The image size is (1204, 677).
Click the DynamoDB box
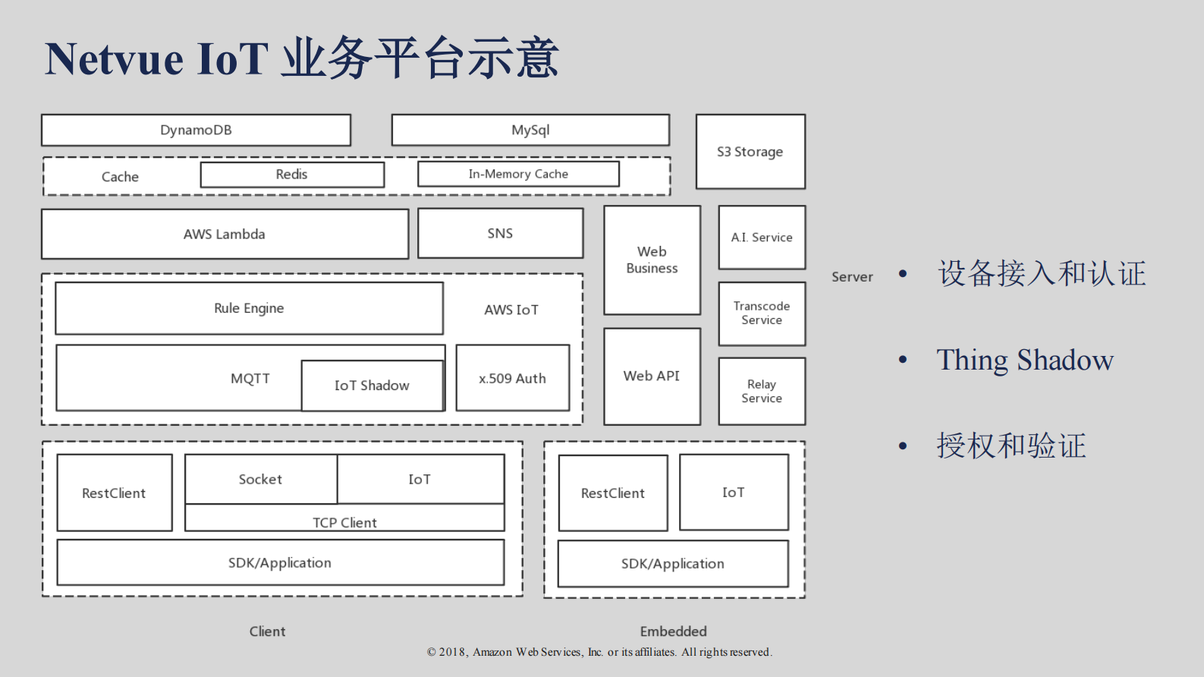pos(196,130)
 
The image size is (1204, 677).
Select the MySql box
pos(530,130)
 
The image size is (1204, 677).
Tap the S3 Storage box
pos(750,152)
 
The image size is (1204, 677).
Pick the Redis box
pos(292,175)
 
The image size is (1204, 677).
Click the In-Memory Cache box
pos(518,174)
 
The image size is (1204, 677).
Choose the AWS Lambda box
pos(225,234)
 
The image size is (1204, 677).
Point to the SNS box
pos(500,233)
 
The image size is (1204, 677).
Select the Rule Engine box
pos(249,308)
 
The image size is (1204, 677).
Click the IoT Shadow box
pos(372,386)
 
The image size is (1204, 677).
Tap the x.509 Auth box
pos(512,378)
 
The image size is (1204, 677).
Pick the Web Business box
pos(652,260)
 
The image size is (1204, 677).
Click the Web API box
pos(652,376)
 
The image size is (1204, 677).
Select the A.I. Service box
pos(762,238)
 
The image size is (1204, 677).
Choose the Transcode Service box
pos(762,313)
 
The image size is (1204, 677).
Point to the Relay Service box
pos(762,391)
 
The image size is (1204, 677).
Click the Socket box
pos(260,479)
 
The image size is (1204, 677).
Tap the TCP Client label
pos(344,522)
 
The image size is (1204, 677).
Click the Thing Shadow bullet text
pos(1025,360)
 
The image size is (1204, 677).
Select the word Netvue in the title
pos(115,59)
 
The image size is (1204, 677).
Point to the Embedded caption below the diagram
pos(673,631)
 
